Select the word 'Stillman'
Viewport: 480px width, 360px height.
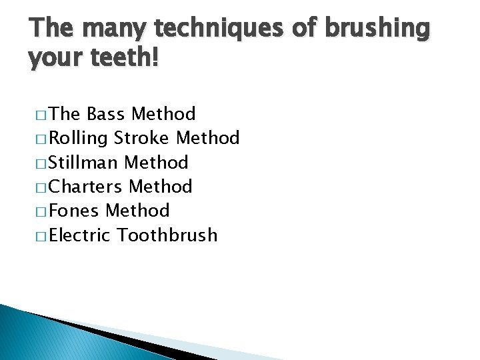tap(84, 163)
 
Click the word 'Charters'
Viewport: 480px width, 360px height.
tap(87, 187)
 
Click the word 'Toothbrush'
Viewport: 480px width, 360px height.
tap(167, 235)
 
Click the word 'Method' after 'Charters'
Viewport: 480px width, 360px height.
tap(161, 187)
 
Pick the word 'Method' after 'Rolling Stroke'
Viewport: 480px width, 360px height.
tap(207, 139)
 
